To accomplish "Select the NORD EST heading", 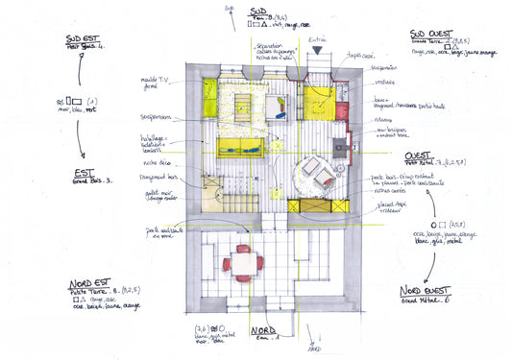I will click(92, 285).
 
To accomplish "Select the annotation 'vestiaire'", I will click(386, 83).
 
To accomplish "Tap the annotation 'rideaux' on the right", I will click(382, 121).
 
